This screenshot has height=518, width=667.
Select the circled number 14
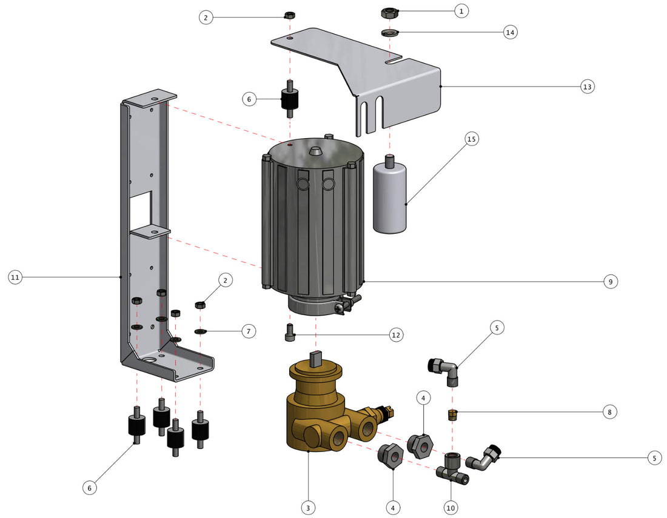click(510, 32)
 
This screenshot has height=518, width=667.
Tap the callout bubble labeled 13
click(586, 87)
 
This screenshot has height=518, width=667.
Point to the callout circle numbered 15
click(472, 139)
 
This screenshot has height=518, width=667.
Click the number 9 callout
click(610, 281)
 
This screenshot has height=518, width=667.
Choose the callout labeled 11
click(16, 277)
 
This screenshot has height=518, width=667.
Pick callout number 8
click(610, 411)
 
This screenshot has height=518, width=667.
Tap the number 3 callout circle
click(309, 506)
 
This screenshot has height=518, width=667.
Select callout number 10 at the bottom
click(451, 506)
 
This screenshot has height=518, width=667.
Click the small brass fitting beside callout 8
click(452, 415)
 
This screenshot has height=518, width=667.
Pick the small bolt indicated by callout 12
click(290, 333)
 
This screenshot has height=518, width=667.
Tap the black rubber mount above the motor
click(290, 102)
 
